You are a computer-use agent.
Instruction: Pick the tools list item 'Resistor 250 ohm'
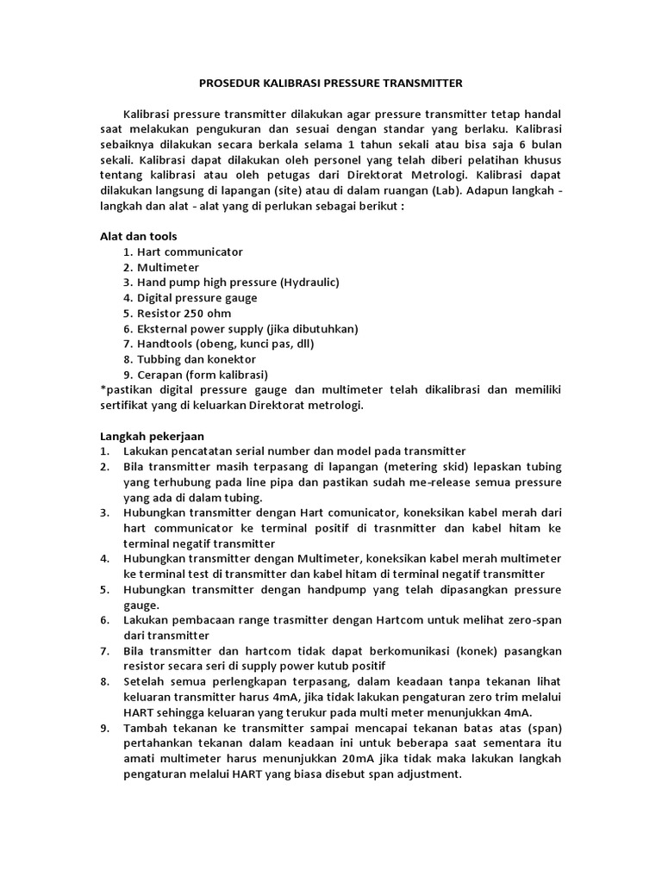click(x=184, y=314)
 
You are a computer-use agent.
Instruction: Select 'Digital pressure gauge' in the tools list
click(x=197, y=298)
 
